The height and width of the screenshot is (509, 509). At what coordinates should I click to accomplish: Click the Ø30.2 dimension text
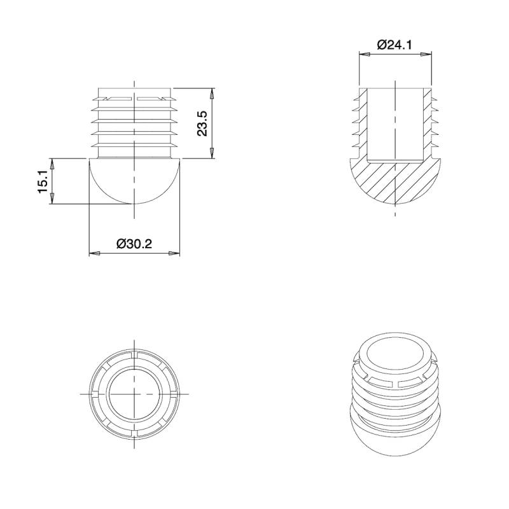tap(134, 243)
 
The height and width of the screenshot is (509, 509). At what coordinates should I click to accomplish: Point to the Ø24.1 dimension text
tap(395, 45)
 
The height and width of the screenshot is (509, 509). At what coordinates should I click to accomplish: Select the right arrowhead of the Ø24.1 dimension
tap(427, 55)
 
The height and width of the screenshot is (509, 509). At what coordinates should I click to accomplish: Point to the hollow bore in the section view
tap(394, 124)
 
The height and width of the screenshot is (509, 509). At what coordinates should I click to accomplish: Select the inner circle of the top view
tap(134, 394)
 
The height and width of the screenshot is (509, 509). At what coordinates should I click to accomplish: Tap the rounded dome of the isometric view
tap(394, 439)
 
